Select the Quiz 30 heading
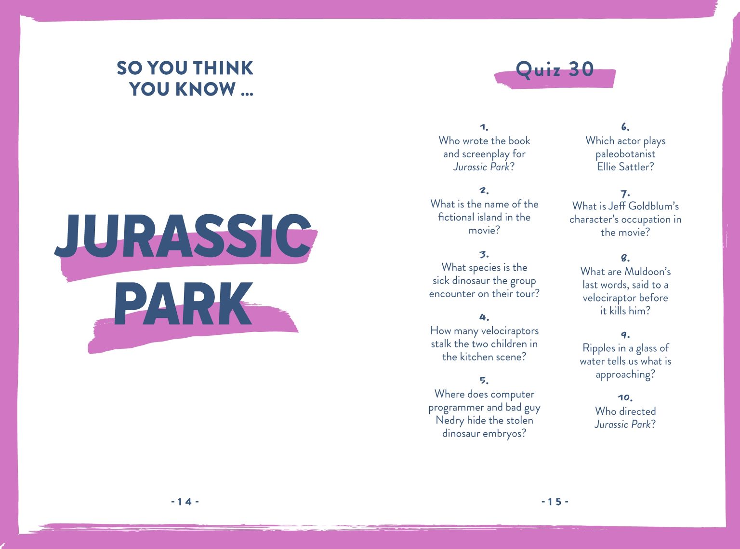pyautogui.click(x=555, y=69)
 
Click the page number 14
pyautogui.click(x=185, y=502)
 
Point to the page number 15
pyautogui.click(x=555, y=502)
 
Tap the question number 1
pyautogui.click(x=484, y=127)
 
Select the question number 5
pyautogui.click(x=484, y=381)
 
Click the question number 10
pyautogui.click(x=625, y=398)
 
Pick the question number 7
pyautogui.click(x=625, y=194)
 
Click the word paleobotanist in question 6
pyautogui.click(x=625, y=154)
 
